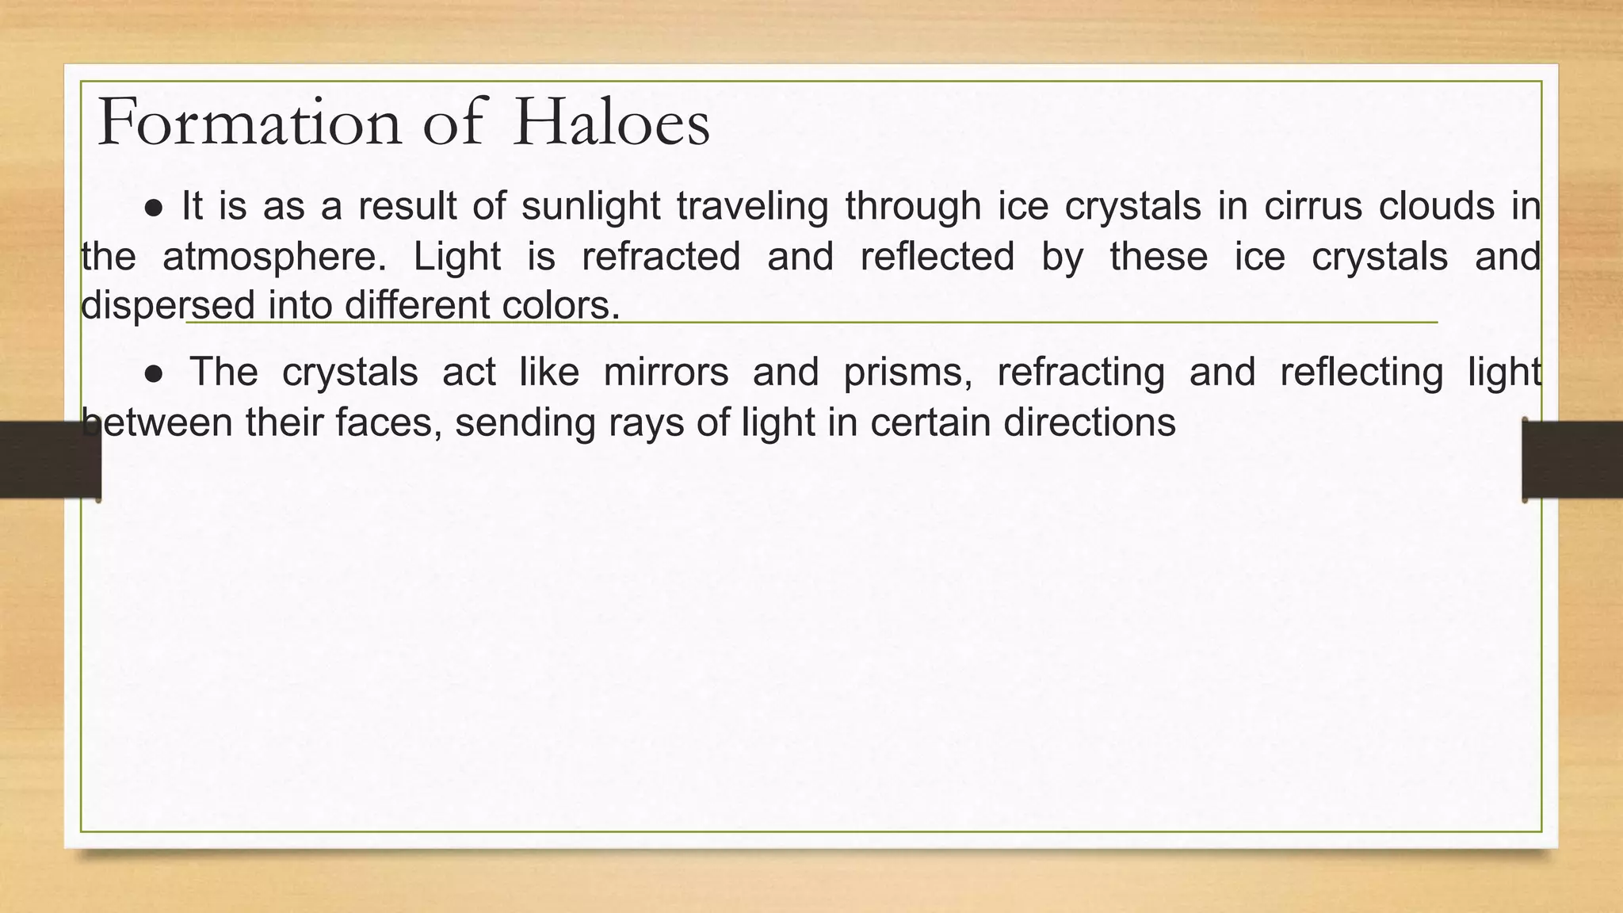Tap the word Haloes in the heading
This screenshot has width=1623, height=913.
(x=611, y=123)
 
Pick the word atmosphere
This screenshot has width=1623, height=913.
(x=269, y=257)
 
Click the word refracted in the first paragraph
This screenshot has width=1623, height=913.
(x=661, y=257)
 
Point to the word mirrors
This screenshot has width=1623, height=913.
(x=666, y=372)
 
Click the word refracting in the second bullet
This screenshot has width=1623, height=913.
(x=1080, y=372)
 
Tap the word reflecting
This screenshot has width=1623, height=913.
(x=1361, y=372)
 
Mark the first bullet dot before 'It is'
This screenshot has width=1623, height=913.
(x=155, y=208)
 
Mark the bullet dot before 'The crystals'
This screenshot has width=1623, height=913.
(x=155, y=374)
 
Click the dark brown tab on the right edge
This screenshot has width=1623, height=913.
(x=1572, y=460)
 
